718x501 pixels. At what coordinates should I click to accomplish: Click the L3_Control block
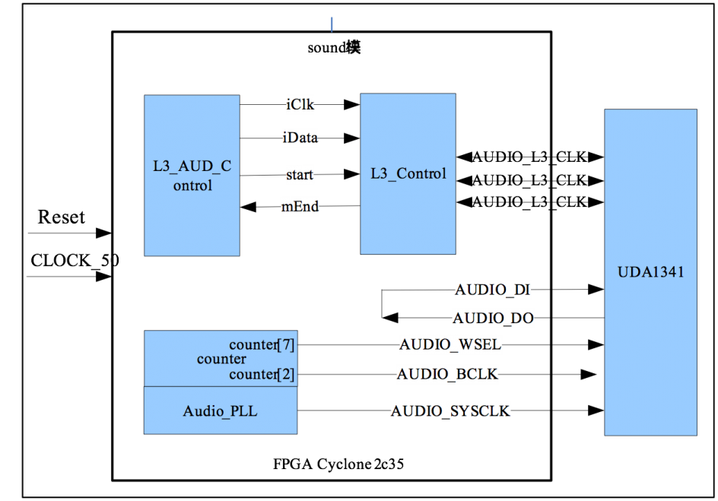click(x=408, y=174)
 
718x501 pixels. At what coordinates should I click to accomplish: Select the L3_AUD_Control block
click(x=192, y=175)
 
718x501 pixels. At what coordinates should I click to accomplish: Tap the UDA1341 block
click(x=651, y=272)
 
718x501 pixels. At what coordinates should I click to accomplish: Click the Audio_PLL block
click(x=221, y=411)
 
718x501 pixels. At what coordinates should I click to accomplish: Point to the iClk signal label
click(x=300, y=105)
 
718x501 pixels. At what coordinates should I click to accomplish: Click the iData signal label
click(x=300, y=138)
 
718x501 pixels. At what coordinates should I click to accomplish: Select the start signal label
click(x=300, y=175)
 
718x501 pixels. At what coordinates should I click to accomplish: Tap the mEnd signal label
click(x=300, y=206)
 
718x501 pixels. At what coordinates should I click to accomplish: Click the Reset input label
click(x=62, y=217)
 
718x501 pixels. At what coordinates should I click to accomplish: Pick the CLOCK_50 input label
click(x=75, y=260)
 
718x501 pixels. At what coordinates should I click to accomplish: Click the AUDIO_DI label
click(x=492, y=290)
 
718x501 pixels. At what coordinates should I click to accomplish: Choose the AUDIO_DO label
click(x=493, y=318)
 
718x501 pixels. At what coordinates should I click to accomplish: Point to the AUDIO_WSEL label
click(x=450, y=344)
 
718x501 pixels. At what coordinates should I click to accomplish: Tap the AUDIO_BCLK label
click(x=447, y=374)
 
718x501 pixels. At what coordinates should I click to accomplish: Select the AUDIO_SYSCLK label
click(x=450, y=411)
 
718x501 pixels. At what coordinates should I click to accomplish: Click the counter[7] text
click(x=262, y=344)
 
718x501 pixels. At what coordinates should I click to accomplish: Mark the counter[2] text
click(x=262, y=374)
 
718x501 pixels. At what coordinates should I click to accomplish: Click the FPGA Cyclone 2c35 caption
click(x=338, y=464)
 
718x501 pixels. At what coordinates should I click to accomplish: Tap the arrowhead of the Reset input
click(x=104, y=233)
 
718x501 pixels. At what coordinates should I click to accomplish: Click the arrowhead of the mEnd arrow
click(x=248, y=208)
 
